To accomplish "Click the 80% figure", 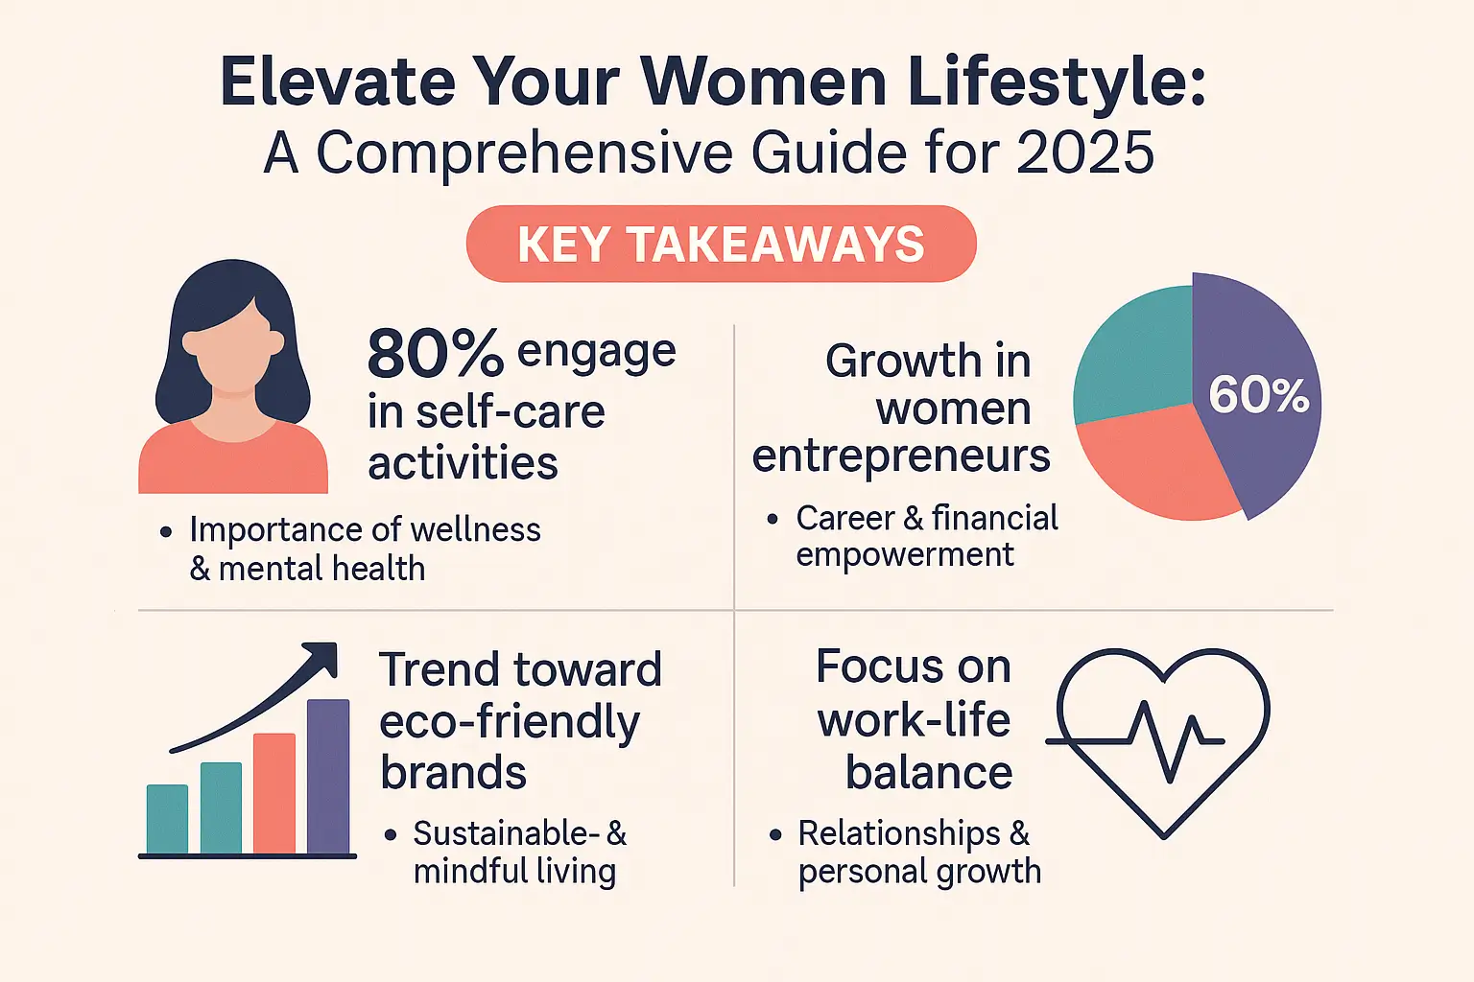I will coord(435,354).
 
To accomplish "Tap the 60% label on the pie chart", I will coord(1258,395).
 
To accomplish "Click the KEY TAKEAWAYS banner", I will coord(721,244).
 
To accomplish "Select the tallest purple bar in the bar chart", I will coord(328,777).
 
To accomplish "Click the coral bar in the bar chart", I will coord(274,793).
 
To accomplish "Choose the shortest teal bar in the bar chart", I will coord(167,819).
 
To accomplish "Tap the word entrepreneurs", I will coord(901,456).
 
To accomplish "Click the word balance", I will coord(928,773).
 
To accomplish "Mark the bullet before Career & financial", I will coord(773,520).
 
